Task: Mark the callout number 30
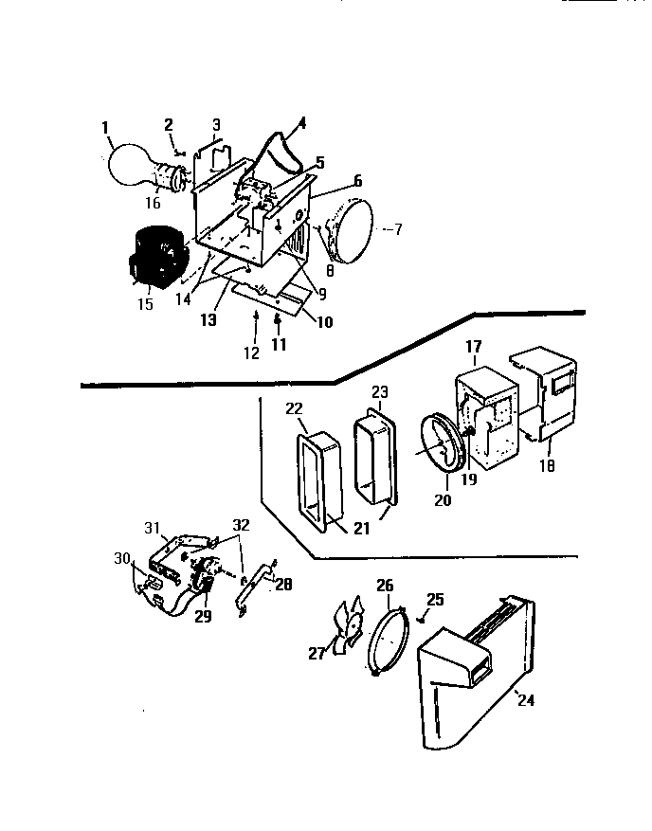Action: tap(122, 558)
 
